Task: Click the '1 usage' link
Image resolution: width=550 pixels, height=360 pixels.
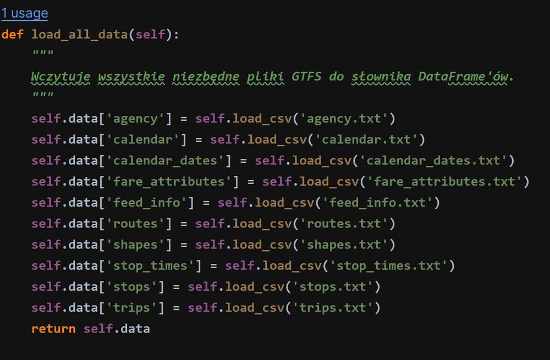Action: pyautogui.click(x=25, y=13)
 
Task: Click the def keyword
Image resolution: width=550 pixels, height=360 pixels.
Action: pyautogui.click(x=13, y=35)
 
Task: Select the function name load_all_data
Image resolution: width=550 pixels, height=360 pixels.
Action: pyautogui.click(x=80, y=35)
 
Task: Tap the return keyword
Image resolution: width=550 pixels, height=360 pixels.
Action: pyautogui.click(x=53, y=329)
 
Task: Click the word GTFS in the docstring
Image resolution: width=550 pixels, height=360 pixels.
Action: pyautogui.click(x=306, y=76)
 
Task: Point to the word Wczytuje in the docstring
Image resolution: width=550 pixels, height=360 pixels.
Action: pyautogui.click(x=61, y=77)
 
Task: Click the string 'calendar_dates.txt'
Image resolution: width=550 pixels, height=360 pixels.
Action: pyautogui.click(x=433, y=161)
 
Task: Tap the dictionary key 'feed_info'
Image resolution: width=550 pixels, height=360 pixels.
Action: pyautogui.click(x=146, y=203)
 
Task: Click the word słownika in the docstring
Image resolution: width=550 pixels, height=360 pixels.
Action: pyautogui.click(x=381, y=77)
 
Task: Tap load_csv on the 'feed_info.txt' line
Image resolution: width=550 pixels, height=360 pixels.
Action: pyautogui.click(x=284, y=203)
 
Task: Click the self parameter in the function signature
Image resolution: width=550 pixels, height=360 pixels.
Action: pyautogui.click(x=150, y=35)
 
